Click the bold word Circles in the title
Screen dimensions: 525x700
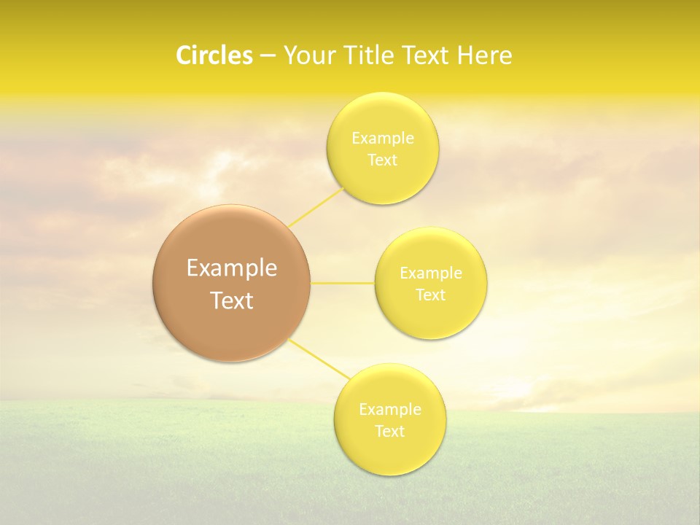214,55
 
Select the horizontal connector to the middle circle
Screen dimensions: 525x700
342,283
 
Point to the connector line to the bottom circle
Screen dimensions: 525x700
319,359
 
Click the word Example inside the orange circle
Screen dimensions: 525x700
231,268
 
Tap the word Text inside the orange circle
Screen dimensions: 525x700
231,300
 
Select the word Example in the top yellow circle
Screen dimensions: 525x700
382,138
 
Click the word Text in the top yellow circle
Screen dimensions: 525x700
382,160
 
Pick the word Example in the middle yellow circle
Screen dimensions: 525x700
430,273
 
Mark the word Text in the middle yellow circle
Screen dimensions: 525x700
430,295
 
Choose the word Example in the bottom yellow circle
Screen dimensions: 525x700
389,409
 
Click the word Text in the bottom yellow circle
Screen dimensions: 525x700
389,431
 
